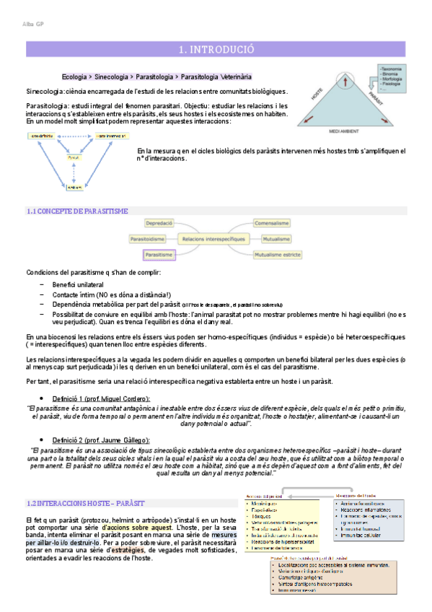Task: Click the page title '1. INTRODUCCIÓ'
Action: pyautogui.click(x=216, y=50)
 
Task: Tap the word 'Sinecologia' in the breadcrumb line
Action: pyautogui.click(x=113, y=76)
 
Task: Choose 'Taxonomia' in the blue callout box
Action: pyautogui.click(x=391, y=68)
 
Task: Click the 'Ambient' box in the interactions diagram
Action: pyautogui.click(x=74, y=187)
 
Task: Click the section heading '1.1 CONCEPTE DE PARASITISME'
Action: pyautogui.click(x=77, y=211)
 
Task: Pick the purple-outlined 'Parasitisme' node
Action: pyautogui.click(x=159, y=255)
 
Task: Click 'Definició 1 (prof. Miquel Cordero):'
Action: pyautogui.click(x=101, y=399)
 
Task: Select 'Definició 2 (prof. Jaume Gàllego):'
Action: pyautogui.click(x=101, y=440)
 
